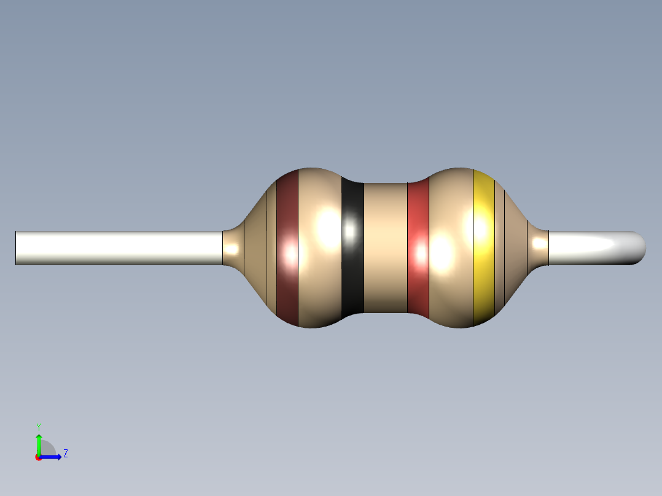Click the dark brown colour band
pos(287,248)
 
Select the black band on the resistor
pos(352,248)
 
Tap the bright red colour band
pos(418,248)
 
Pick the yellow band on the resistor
pos(484,248)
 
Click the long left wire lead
pos(119,248)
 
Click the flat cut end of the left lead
pos(15,248)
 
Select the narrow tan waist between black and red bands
pos(386,248)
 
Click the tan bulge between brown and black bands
pos(319,248)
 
